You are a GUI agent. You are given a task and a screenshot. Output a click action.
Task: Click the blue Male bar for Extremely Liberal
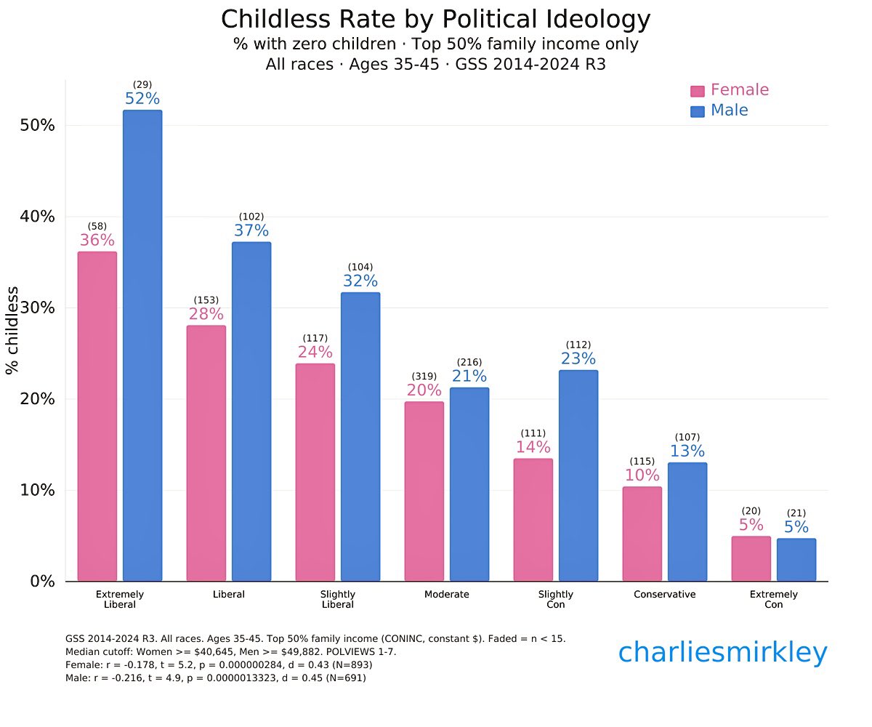[142, 345]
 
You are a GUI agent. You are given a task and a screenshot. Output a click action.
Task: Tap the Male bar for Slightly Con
[578, 475]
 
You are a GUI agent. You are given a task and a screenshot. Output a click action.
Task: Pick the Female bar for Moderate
[424, 491]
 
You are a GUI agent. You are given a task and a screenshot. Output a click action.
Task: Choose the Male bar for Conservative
[687, 522]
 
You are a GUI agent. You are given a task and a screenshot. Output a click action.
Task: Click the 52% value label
[142, 99]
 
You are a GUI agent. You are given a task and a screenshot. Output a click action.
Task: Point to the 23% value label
[578, 358]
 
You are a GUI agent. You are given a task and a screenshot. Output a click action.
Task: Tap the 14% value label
[533, 447]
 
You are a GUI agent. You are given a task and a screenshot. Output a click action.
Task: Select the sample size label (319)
[424, 376]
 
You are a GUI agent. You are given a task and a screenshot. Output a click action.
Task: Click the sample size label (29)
[142, 85]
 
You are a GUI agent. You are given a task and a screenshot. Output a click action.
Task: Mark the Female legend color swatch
[698, 91]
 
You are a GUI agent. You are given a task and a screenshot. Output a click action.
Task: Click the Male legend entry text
[729, 111]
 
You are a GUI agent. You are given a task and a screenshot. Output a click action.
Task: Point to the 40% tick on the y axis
[36, 217]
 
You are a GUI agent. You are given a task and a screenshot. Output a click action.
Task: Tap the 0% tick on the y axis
[41, 582]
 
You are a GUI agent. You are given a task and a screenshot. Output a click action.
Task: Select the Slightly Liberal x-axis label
[338, 599]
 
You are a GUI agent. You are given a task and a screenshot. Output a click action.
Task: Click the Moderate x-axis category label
[447, 594]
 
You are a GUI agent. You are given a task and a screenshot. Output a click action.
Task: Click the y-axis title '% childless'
[12, 330]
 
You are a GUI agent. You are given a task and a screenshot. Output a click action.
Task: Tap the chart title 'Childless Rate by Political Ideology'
[436, 20]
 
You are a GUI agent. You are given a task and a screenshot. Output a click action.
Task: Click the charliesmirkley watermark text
[722, 653]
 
